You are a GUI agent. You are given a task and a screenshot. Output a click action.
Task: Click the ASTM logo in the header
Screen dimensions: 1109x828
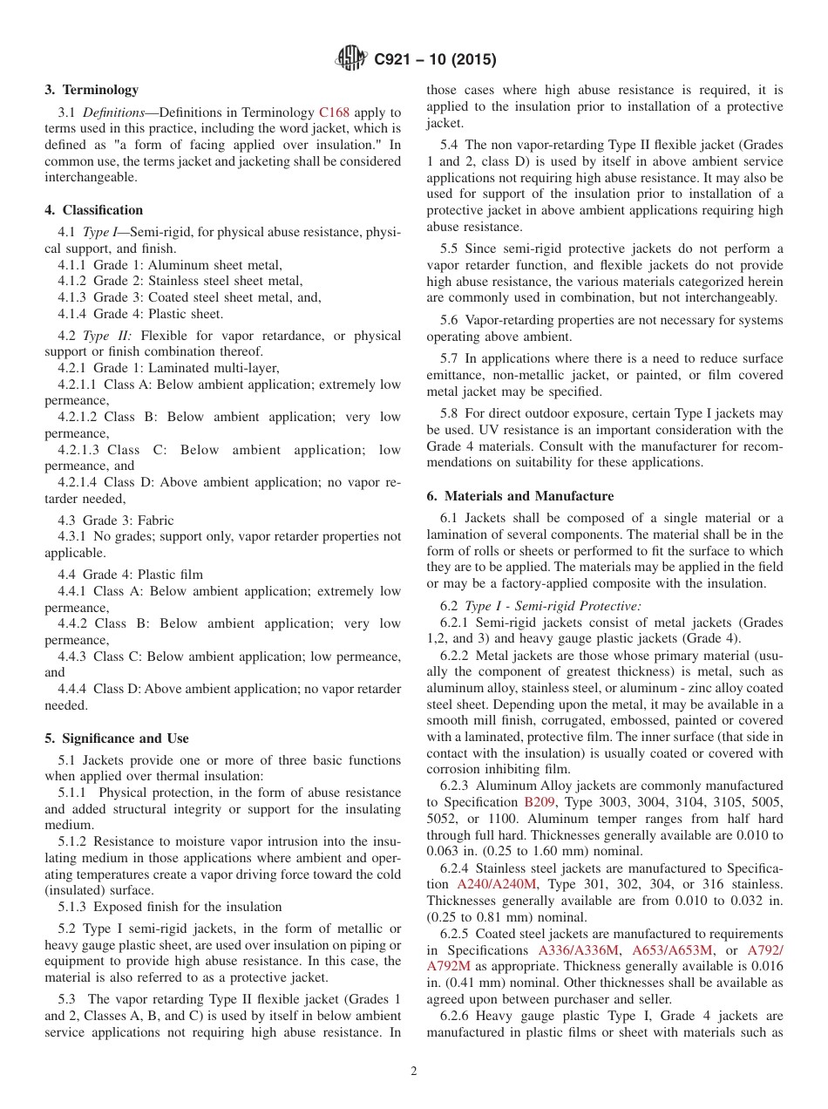point(351,59)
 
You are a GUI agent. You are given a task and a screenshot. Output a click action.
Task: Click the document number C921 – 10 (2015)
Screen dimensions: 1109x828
point(435,60)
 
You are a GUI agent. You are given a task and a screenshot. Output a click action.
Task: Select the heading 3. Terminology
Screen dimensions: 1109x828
point(92,90)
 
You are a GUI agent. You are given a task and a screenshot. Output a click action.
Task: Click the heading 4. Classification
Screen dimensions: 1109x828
point(94,210)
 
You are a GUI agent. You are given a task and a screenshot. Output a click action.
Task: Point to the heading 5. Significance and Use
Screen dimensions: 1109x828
point(117,738)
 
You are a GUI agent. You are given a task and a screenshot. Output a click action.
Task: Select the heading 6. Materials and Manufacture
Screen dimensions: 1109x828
point(519,496)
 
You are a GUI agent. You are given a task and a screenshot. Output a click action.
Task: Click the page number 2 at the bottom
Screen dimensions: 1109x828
point(414,1072)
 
